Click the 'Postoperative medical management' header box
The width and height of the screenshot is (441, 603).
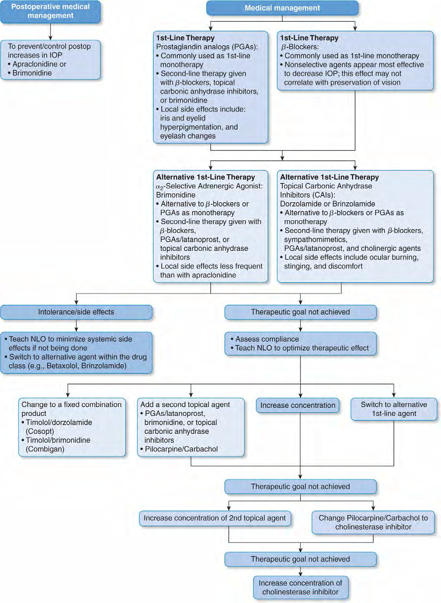pos(50,12)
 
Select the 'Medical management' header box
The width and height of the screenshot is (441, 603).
pos(282,8)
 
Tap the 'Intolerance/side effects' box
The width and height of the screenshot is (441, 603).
pos(76,312)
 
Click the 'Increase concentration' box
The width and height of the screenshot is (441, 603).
pos(297,405)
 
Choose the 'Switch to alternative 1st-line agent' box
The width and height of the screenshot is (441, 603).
pos(394,409)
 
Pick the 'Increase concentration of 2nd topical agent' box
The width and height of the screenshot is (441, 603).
pos(215,518)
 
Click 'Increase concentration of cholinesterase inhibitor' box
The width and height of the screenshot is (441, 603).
pos(300,588)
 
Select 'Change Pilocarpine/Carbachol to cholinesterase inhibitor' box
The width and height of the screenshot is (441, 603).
pos(373,523)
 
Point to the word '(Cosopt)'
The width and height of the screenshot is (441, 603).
pos(40,431)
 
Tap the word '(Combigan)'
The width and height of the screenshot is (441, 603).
pos(45,449)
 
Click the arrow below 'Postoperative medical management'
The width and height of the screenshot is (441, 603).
pos(50,32)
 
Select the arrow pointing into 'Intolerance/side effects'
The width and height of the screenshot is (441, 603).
pos(77,299)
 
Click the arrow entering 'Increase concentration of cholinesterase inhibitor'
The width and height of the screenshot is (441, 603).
pos(300,571)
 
